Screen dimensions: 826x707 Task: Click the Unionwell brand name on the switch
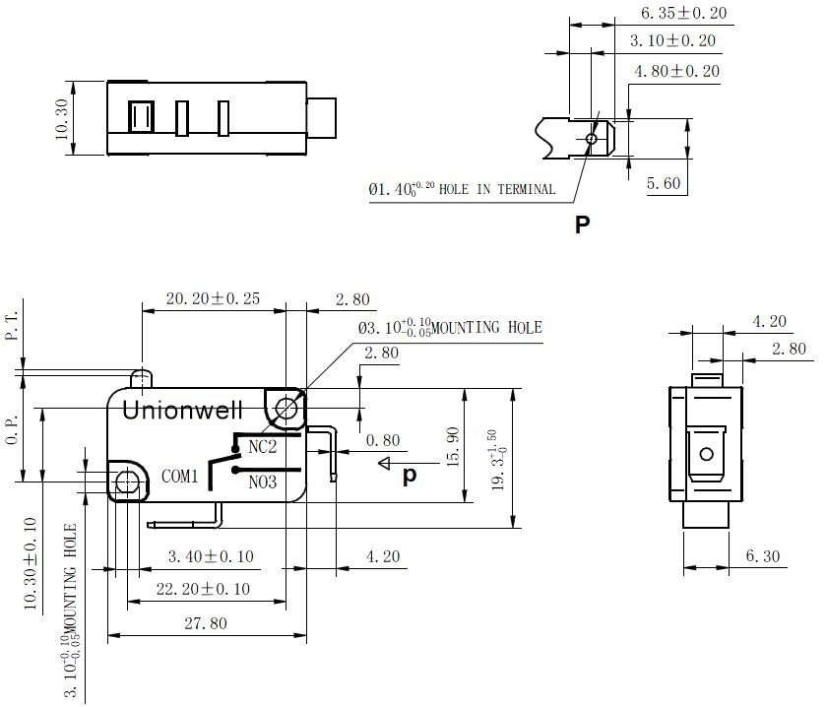182,410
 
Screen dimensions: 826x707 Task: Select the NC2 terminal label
262,447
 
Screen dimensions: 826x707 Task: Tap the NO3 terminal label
262,482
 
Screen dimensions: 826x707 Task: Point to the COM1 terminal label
179,477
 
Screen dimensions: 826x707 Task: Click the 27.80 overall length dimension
206,623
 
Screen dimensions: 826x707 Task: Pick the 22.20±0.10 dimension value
203,589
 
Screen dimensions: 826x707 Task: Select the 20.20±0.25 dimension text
213,298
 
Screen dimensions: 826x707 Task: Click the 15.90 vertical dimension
453,447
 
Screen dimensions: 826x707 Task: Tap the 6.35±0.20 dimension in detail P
684,13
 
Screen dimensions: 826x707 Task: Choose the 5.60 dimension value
664,183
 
